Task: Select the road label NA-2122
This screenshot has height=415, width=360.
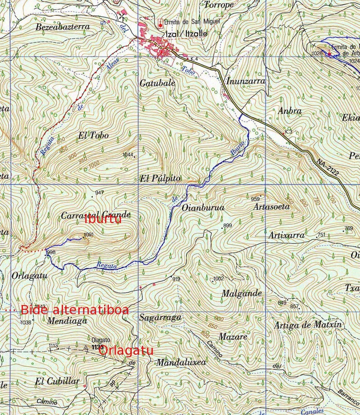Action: point(327,167)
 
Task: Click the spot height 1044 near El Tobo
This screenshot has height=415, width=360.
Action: point(128,155)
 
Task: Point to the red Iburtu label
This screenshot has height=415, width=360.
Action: point(103,219)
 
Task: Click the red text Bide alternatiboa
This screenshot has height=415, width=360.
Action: point(75,310)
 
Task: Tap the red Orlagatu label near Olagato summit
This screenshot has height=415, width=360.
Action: point(126,351)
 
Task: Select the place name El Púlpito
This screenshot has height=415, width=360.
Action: point(160,178)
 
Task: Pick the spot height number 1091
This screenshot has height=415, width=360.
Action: point(89,234)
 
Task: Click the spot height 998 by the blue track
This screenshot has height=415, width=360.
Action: point(51,252)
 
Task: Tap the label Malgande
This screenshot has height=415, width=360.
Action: point(241,294)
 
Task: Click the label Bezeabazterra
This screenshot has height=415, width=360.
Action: point(63,27)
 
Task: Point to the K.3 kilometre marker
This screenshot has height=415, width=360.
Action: point(289,132)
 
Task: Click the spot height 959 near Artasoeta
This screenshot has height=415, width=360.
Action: point(255,199)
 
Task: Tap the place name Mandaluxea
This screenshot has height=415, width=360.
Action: point(181,362)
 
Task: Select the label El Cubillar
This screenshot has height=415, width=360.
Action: point(57,381)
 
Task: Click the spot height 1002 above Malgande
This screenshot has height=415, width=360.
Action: point(219,278)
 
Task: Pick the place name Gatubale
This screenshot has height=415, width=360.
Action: point(157,83)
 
